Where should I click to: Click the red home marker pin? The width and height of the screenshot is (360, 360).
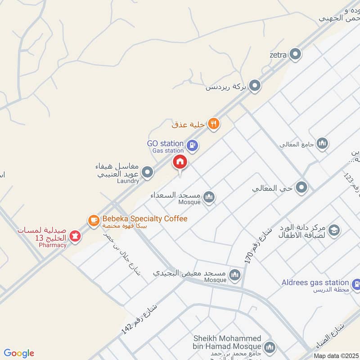pos(180,162)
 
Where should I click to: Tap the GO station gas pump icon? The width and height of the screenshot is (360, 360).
pos(193,145)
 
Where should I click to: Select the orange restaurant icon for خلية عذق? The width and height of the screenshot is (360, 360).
pos(214,124)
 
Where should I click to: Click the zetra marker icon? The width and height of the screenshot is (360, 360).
pos(295,55)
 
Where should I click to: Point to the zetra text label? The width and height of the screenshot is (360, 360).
pos(278,55)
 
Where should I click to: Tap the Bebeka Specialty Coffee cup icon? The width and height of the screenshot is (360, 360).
pos(93,220)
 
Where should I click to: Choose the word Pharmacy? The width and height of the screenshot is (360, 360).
pos(52,245)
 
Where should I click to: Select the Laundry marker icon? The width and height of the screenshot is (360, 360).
pos(147,172)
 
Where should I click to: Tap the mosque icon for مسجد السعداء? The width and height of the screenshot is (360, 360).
pos(209,197)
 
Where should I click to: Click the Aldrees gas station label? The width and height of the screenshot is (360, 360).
pos(315,283)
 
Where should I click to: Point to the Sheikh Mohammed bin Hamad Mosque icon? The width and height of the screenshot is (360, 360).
pos(270,347)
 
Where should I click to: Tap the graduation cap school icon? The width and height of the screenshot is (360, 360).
pos(334,231)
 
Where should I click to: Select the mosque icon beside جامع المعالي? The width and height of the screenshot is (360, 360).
pos(322,144)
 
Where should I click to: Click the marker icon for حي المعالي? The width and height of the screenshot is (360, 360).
pos(301,187)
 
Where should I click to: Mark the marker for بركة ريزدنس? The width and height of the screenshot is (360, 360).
pos(255,85)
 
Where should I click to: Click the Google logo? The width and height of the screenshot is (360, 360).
pos(19,353)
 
